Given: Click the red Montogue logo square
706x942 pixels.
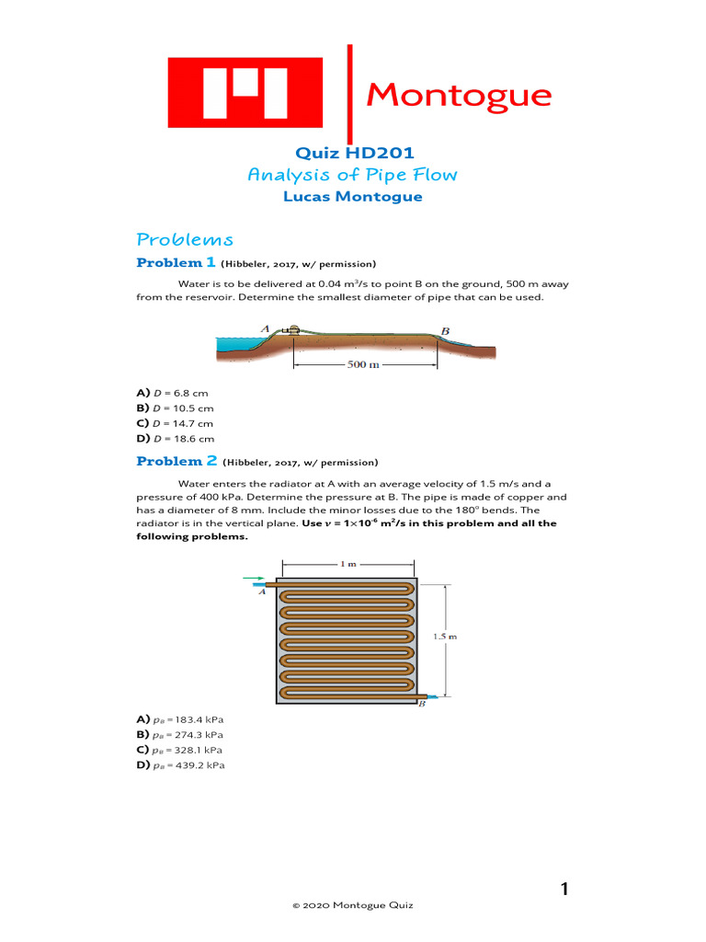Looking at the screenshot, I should coord(245,93).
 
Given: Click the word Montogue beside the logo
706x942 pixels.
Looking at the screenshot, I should coord(459,95).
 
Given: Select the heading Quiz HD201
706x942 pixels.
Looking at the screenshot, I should coord(352,153).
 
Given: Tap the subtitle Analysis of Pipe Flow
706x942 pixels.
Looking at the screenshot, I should coord(352,175).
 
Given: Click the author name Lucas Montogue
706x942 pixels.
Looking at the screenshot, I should coord(352,197).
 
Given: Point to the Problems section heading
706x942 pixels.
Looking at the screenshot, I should coord(185,240).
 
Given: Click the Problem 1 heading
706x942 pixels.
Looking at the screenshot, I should coord(171,263).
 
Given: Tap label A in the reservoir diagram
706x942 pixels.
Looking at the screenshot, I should coord(264,327).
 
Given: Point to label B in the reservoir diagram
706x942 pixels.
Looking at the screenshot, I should coord(445,331).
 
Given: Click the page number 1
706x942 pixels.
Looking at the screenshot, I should coord(564,889).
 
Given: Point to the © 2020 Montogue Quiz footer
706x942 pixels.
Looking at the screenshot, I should coord(353,906).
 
